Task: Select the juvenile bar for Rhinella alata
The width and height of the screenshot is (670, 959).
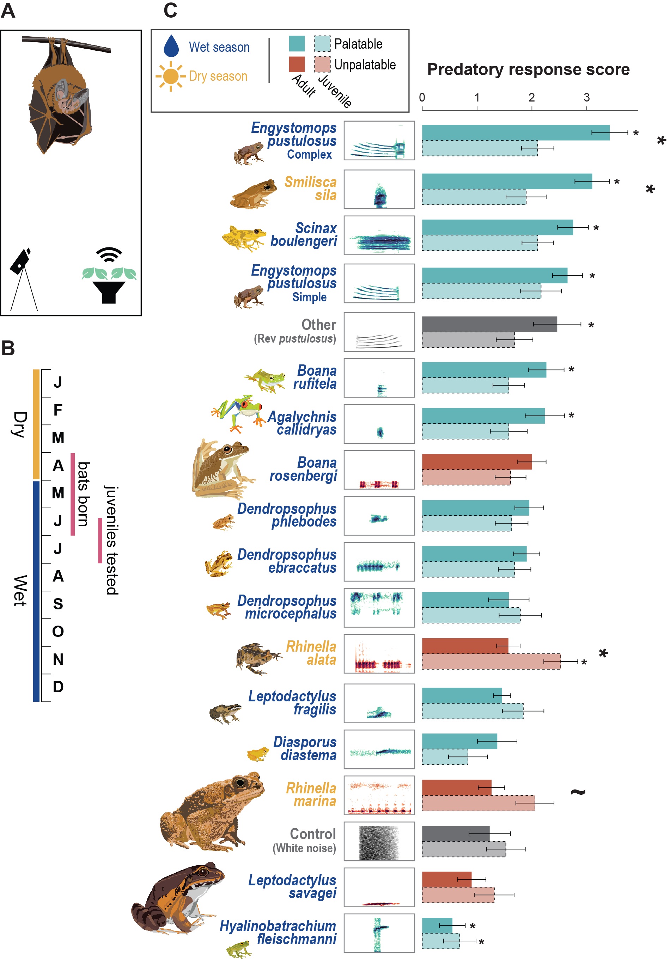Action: click(x=491, y=661)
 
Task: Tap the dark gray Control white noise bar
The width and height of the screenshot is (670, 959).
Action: click(x=455, y=833)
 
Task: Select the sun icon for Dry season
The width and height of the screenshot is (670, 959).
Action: click(x=171, y=76)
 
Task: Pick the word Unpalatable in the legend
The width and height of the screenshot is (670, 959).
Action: click(x=365, y=65)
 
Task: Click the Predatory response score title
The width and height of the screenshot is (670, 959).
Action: click(x=528, y=69)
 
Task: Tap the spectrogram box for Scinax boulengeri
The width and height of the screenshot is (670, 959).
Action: click(x=379, y=235)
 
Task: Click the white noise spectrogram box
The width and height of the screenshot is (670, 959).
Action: click(x=379, y=841)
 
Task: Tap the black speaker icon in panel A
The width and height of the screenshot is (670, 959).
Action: click(x=109, y=291)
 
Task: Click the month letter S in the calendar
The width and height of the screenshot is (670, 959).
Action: click(x=58, y=603)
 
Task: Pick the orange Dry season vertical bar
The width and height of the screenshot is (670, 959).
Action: click(x=36, y=424)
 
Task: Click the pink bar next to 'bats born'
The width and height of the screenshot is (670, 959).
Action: click(x=73, y=494)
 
